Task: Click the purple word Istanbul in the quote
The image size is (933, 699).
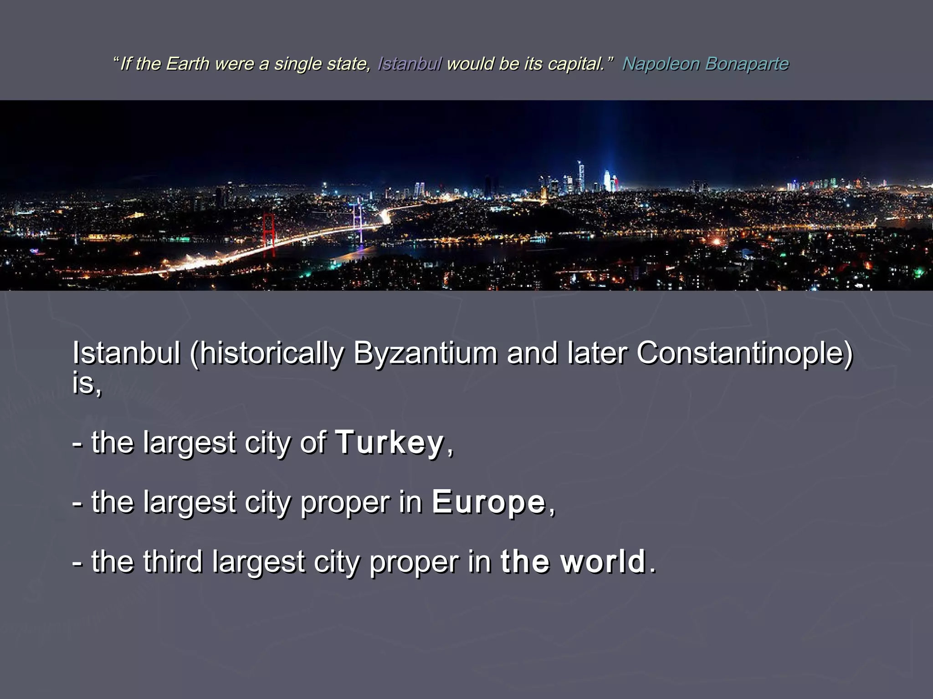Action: tap(409, 64)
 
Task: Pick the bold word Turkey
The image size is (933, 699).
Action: tap(390, 442)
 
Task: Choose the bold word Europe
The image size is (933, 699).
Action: tap(488, 502)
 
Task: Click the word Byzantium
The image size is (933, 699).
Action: tap(425, 353)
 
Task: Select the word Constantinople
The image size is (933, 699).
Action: tap(744, 353)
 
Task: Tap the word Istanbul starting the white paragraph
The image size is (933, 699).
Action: tap(126, 353)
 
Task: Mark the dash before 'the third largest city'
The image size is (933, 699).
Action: tap(77, 562)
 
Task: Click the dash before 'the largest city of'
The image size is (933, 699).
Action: tap(77, 443)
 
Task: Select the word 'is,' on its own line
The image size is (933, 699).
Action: tap(87, 383)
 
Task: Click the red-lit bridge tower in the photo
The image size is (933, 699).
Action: tap(269, 234)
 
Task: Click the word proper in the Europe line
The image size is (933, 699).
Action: tap(345, 502)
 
